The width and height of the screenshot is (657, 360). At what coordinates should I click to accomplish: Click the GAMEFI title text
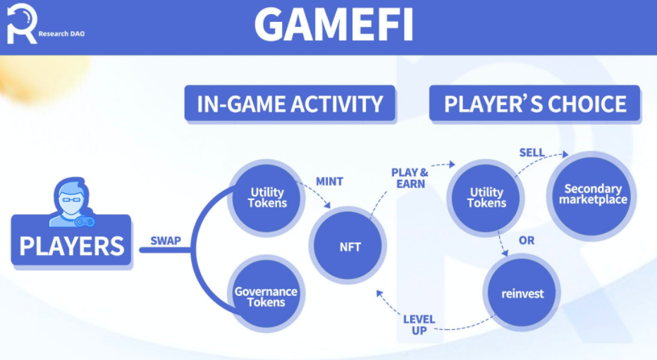click(x=333, y=24)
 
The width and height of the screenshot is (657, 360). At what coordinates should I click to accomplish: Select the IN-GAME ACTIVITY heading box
click(x=290, y=104)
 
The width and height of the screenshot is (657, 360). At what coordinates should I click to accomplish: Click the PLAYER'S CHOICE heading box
click(x=535, y=104)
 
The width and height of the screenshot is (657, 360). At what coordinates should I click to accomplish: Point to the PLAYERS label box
click(x=71, y=245)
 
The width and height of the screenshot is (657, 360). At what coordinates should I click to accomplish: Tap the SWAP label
click(x=166, y=240)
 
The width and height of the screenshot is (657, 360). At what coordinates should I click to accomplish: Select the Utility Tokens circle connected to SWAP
click(x=268, y=197)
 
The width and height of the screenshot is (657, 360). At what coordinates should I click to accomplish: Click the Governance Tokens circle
click(x=266, y=297)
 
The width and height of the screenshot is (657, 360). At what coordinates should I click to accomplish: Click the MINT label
click(x=329, y=182)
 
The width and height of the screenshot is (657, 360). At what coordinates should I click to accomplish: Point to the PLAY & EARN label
click(x=410, y=177)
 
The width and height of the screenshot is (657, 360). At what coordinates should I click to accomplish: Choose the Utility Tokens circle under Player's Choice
click(x=486, y=197)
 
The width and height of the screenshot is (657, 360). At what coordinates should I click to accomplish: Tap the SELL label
click(x=532, y=152)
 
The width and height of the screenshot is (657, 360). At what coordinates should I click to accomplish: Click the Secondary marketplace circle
click(x=592, y=194)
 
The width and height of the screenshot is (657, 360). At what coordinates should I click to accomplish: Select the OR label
click(x=526, y=240)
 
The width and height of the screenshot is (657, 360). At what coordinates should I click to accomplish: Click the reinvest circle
click(x=523, y=294)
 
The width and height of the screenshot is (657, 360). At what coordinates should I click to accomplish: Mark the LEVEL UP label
click(x=419, y=325)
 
